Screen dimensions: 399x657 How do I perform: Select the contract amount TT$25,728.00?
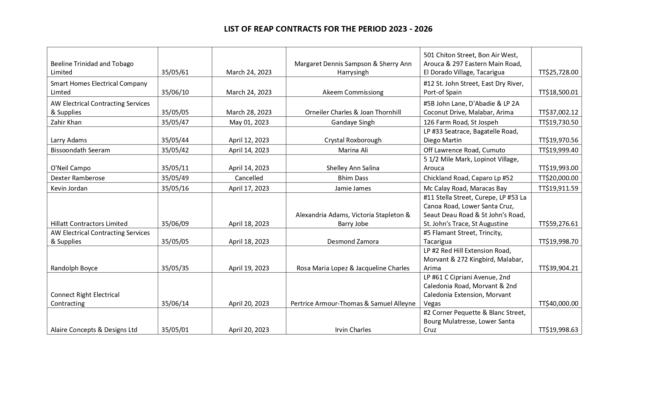tap(558, 72)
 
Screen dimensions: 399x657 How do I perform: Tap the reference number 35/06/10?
tap(175, 92)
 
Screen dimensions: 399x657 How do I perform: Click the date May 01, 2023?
tap(249, 122)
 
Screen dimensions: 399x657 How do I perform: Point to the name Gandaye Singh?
tap(353, 122)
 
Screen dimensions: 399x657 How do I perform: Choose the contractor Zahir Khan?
tap(66, 122)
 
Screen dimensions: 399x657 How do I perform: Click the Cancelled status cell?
tap(249, 178)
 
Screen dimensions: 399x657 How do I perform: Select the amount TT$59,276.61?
tap(558, 224)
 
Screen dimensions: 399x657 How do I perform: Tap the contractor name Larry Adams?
tap(69, 140)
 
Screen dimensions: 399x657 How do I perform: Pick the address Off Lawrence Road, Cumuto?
tap(464, 150)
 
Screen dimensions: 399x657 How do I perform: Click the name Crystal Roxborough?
tap(353, 140)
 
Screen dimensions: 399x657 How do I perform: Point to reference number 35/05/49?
tap(175, 178)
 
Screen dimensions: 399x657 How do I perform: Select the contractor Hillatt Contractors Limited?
tap(89, 224)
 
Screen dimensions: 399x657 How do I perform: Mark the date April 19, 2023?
tap(249, 268)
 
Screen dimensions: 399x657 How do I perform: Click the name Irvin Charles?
tap(353, 330)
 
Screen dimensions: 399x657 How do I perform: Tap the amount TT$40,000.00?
tap(558, 304)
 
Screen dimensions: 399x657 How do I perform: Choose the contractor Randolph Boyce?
tap(74, 268)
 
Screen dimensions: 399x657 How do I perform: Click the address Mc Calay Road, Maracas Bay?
tap(465, 188)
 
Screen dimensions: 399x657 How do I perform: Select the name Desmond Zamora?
tap(353, 242)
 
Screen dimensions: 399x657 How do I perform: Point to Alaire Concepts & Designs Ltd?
tap(94, 330)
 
